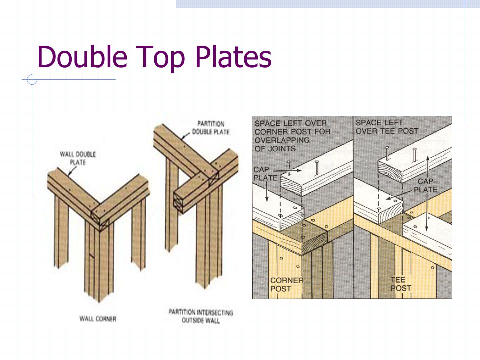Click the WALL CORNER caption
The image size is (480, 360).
(98, 318)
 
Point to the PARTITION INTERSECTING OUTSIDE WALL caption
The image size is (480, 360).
(200, 317)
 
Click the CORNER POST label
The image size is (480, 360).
(286, 284)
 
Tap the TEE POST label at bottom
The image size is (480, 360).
(401, 284)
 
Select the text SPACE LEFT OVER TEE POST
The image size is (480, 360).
(387, 127)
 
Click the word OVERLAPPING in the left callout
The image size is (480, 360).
(282, 140)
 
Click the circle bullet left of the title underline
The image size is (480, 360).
(32, 79)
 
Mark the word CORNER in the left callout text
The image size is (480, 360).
(270, 132)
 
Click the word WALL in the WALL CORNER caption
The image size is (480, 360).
(88, 318)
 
